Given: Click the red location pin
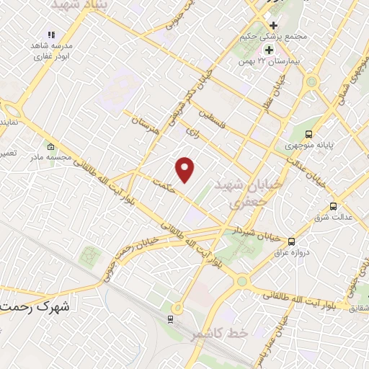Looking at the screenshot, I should click(186, 169).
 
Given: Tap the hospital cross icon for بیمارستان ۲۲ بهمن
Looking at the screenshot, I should click(269, 50).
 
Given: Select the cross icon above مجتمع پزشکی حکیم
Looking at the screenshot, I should click(273, 25).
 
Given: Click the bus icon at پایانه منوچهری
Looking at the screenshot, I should click(309, 133).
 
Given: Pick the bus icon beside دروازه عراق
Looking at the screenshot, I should click(292, 241).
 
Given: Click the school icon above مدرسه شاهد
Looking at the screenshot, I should click(50, 35).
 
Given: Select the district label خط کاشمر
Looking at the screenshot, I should click(220, 334).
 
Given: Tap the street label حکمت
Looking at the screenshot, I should click(165, 185).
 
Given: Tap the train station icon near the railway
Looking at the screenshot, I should click(171, 319).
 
